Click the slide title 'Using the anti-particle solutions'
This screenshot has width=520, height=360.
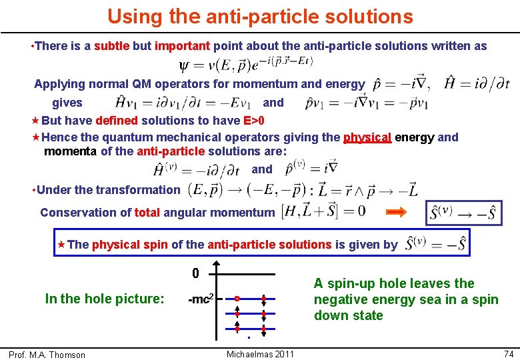pyautogui.click(x=260, y=16)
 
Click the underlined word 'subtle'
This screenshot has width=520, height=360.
pyautogui.click(x=112, y=46)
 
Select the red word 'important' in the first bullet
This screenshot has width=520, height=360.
pyautogui.click(x=182, y=46)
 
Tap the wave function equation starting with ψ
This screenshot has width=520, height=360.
pyautogui.click(x=247, y=65)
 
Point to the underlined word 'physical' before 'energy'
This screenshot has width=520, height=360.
pyautogui.click(x=367, y=137)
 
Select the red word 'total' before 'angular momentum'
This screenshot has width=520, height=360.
pyautogui.click(x=147, y=213)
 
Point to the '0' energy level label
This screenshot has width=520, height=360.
pyautogui.click(x=195, y=273)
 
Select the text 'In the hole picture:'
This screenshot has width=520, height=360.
pyautogui.click(x=104, y=299)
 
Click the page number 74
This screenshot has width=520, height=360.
pyautogui.click(x=508, y=353)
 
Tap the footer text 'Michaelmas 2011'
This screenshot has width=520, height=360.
pyautogui.click(x=260, y=353)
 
